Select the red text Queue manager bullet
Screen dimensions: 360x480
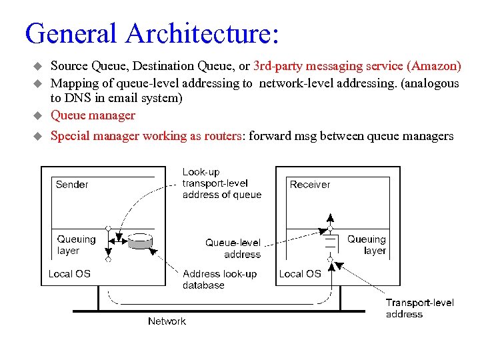click(93, 115)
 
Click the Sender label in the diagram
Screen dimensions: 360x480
click(72, 185)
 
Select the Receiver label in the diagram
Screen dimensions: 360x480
click(309, 185)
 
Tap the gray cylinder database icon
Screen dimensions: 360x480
click(140, 241)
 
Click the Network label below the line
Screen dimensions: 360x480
click(167, 321)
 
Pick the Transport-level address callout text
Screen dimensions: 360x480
click(419, 308)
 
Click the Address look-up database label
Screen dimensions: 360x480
click(219, 279)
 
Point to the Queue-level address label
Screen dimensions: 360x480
click(233, 249)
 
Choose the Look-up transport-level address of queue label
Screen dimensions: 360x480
click(221, 183)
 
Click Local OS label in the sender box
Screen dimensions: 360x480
click(69, 273)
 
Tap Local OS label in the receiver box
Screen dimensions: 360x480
click(300, 273)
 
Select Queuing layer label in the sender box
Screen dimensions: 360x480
click(76, 245)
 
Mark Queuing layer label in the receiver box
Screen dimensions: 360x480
click(367, 245)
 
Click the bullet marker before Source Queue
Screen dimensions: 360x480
click(38, 67)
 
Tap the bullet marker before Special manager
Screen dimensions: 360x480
click(38, 136)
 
